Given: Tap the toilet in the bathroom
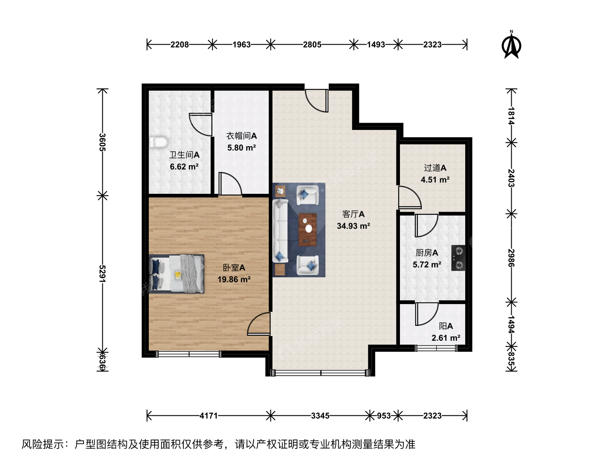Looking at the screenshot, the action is (x=158, y=142).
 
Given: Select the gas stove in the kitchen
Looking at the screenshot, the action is (x=458, y=258).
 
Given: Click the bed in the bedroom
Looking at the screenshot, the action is (x=177, y=274).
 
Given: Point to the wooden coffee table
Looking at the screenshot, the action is (x=308, y=230).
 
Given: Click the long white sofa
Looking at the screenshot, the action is (x=280, y=230).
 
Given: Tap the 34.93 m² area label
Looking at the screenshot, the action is (x=353, y=226).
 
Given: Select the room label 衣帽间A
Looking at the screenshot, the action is (x=241, y=136).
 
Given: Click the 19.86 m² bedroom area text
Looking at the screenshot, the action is (x=234, y=279).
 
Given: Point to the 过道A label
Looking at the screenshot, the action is (x=435, y=168).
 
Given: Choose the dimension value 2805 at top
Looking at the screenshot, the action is (x=312, y=44).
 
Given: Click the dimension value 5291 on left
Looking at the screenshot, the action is (x=102, y=274).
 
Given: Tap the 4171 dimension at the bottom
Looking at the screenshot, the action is (x=209, y=416).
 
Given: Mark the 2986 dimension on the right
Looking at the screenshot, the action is (x=511, y=258).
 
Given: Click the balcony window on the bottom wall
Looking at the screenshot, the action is (x=436, y=348).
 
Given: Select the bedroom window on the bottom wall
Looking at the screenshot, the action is (x=188, y=354).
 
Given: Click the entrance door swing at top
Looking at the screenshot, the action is (x=317, y=101).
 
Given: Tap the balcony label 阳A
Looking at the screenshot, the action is (x=446, y=326).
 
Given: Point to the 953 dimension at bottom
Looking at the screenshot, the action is (x=383, y=416).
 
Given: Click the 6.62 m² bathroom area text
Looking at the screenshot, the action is (x=184, y=167).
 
